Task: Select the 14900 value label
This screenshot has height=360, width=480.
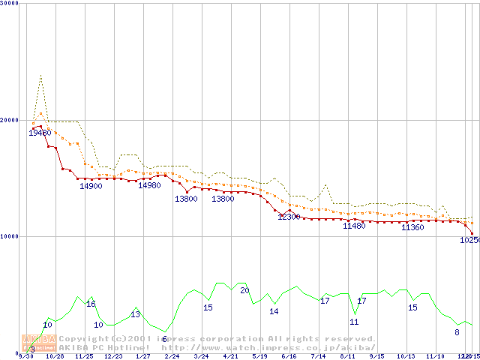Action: [91, 186]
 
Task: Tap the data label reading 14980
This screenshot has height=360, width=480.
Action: [149, 186]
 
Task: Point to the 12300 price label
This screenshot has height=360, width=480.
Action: [289, 217]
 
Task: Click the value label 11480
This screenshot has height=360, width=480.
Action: [354, 226]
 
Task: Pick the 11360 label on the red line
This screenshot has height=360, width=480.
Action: [412, 227]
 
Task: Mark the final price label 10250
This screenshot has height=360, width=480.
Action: [469, 240]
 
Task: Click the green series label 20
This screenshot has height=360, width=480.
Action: [244, 290]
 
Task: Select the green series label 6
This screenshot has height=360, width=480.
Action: [164, 339]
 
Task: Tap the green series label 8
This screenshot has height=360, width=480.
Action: [457, 331]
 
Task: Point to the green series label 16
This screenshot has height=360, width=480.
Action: [91, 304]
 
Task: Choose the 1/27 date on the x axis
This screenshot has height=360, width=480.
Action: [142, 356]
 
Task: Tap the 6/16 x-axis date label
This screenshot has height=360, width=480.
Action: [289, 356]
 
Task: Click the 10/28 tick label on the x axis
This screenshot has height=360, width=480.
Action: [55, 356]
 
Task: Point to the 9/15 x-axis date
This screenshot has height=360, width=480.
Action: [376, 356]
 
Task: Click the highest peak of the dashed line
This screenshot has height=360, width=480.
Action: [40, 75]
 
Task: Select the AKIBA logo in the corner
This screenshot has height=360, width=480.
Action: [39, 343]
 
